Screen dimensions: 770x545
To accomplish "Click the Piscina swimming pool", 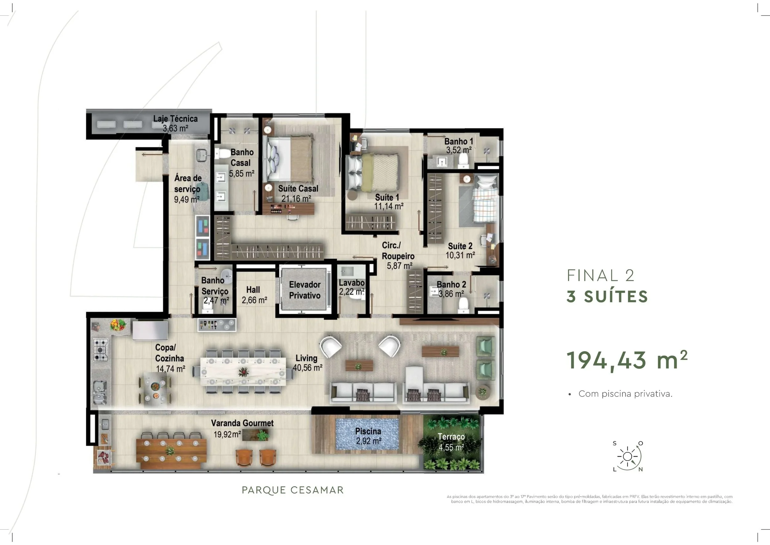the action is coord(367,434).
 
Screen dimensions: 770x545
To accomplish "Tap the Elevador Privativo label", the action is coord(305,290).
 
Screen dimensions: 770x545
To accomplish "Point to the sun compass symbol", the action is coord(627,457).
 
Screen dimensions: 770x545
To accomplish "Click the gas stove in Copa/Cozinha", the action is coord(101,349).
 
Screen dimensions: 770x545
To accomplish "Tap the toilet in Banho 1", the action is coord(464,162).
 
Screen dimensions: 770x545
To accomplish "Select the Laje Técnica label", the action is coord(175,123).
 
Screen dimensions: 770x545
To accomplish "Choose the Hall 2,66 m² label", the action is coord(254,295).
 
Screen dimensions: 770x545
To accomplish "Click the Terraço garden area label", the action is coord(452,442).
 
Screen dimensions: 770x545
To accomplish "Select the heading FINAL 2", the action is coord(601,276).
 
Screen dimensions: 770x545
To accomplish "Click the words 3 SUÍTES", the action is coord(607,297).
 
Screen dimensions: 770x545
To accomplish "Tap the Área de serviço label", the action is coord(188,189).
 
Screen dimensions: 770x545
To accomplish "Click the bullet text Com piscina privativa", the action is coord(625,394).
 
